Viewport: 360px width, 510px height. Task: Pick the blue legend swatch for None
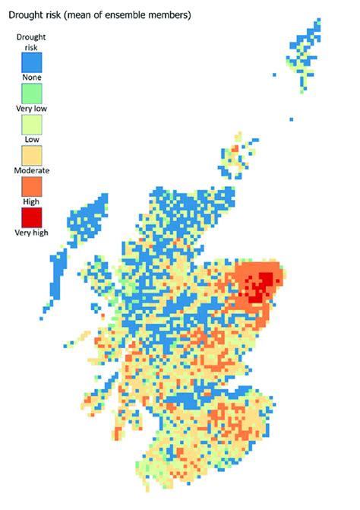click(32, 62)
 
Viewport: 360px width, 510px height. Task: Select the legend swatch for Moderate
click(32, 155)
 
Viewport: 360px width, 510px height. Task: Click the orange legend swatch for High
click(32, 186)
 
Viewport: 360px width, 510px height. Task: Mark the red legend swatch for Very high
click(32, 217)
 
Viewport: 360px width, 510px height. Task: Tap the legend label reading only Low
click(32, 139)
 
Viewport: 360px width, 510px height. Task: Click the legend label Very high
click(32, 233)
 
